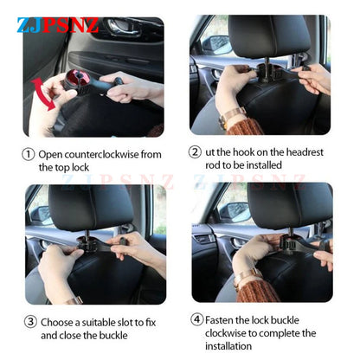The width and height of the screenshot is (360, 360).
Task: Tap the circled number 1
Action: tap(29, 154)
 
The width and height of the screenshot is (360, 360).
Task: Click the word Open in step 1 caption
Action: tap(51, 154)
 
